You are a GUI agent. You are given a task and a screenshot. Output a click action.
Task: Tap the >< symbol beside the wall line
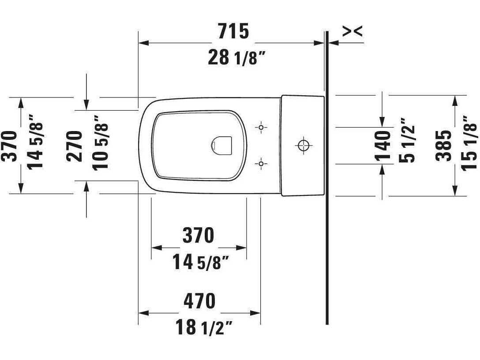[x=353, y=31]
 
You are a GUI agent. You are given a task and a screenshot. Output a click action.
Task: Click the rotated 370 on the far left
[x=11, y=146]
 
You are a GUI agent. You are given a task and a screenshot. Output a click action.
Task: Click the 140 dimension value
[x=382, y=145]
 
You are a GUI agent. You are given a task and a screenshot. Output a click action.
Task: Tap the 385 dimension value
[x=444, y=145]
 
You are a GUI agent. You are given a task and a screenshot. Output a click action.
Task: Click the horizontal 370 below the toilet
[x=199, y=236]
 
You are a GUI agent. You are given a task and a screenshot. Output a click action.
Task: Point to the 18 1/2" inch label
[x=204, y=327]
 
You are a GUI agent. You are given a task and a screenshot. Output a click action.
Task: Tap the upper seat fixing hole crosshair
[x=261, y=127]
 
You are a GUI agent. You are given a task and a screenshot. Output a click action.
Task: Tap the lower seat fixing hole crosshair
[x=261, y=164]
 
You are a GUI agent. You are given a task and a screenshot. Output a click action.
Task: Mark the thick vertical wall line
[x=327, y=221]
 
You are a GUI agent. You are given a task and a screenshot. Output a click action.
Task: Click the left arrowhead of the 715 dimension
[x=142, y=43]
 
